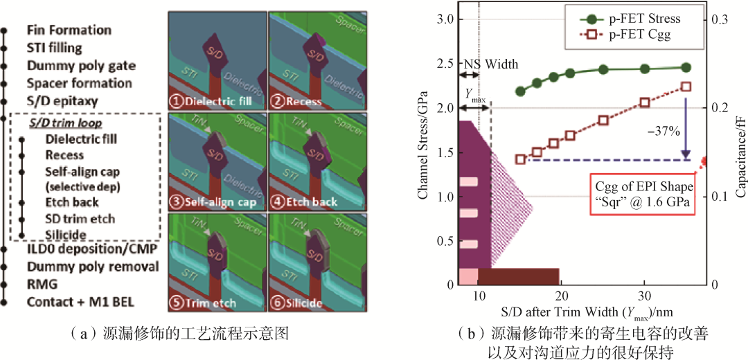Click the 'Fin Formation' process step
point(69,30)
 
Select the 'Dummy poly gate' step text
point(81,66)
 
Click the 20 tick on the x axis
point(562,294)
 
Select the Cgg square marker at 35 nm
point(686,87)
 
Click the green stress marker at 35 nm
point(686,67)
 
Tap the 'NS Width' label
point(490,64)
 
